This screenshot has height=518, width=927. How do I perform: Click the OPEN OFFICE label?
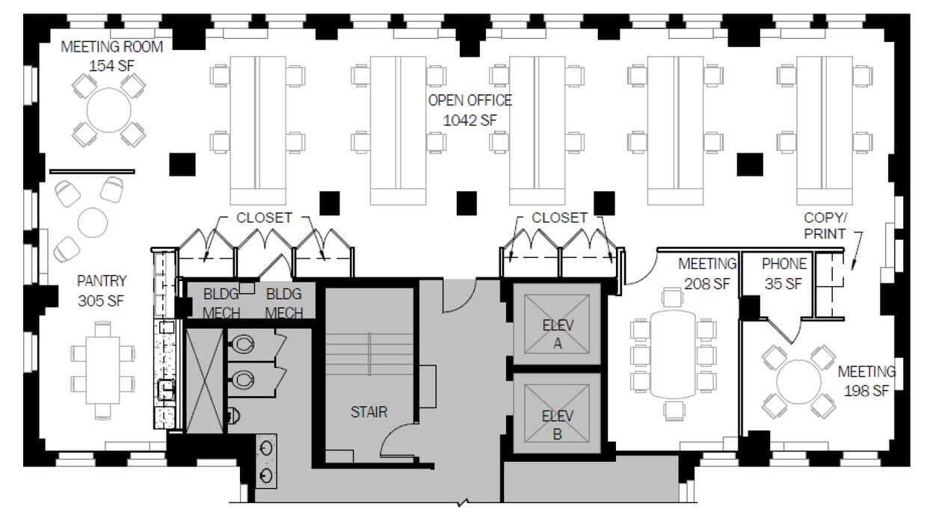469,101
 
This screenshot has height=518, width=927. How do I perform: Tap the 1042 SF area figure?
469,120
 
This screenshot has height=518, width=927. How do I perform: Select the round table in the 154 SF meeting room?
109,110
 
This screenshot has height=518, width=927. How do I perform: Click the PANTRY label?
102,281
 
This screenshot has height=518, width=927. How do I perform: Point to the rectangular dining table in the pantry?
102,370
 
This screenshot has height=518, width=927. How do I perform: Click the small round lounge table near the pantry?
92,223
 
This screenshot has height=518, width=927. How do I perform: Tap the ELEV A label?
558,334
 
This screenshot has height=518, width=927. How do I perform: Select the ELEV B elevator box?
557,413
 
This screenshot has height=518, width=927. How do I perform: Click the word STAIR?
369,412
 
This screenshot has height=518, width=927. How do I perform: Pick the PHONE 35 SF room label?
783,274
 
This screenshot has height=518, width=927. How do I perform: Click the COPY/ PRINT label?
825,226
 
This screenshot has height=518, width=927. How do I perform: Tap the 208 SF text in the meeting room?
707,284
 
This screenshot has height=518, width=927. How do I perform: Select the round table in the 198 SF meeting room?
798,381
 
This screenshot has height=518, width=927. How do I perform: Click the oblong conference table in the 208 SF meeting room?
674,354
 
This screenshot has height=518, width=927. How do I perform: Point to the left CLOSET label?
264,218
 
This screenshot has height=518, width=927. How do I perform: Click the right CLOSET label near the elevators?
559,218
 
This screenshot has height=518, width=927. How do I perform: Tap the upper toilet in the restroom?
242,344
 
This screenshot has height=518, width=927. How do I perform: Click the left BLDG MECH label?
221,303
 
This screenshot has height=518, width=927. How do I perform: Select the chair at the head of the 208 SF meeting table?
672,297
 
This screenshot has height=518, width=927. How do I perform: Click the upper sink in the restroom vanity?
265,448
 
